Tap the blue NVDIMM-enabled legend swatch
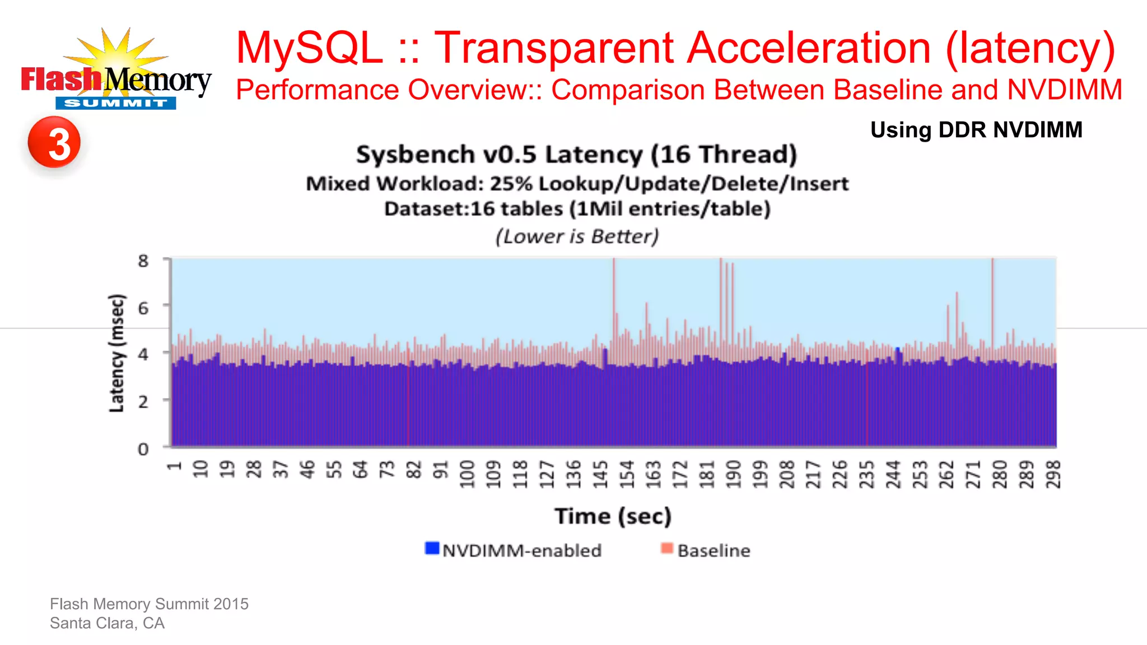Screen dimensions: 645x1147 [432, 548]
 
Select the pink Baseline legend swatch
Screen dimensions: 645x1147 [666, 548]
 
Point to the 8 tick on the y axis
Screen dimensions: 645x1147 [143, 260]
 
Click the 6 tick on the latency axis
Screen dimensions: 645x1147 [143, 307]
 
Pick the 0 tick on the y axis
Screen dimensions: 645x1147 [143, 449]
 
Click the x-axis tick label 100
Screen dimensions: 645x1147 [467, 474]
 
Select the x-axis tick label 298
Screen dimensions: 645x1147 [1053, 474]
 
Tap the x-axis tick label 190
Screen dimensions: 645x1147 [734, 474]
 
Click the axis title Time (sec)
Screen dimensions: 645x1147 [613, 516]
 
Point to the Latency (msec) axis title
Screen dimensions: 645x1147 [116, 353]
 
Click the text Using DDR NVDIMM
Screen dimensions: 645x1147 [976, 130]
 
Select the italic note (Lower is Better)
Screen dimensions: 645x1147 [577, 236]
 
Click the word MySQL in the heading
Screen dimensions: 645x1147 [310, 48]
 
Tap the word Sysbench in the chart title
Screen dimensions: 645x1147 [415, 155]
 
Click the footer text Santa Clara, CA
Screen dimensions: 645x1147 [107, 623]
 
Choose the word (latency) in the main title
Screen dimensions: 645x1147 [1031, 49]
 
